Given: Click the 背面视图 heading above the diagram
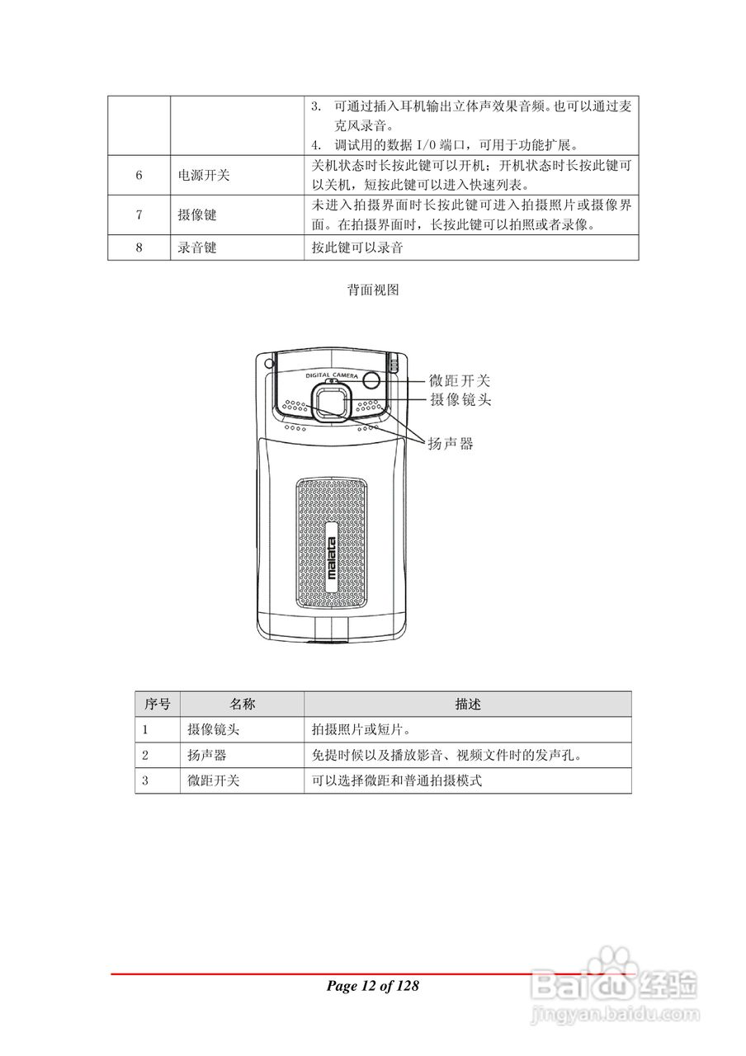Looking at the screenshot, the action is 373,290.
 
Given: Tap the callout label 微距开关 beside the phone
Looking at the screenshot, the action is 460,381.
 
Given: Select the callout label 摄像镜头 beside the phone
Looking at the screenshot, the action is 460,400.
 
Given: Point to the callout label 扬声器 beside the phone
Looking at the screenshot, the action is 450,444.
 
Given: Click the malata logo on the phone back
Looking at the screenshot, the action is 331,562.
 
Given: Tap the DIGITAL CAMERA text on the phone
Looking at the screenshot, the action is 330,375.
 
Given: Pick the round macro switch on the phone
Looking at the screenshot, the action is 371,380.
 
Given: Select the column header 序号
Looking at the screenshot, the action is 157,705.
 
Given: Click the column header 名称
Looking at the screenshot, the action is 241,705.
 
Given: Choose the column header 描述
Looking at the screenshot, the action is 467,705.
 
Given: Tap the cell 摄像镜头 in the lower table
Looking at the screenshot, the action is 214,730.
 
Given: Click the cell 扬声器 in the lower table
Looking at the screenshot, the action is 207,755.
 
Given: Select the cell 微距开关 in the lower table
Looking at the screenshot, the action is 214,780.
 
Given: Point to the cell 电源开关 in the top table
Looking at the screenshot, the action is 204,176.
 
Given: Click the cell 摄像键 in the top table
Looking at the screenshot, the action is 197,214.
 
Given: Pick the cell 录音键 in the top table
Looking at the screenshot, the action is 197,247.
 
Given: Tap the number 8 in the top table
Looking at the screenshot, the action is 139,247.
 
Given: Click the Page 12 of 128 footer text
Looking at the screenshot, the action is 373,986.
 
